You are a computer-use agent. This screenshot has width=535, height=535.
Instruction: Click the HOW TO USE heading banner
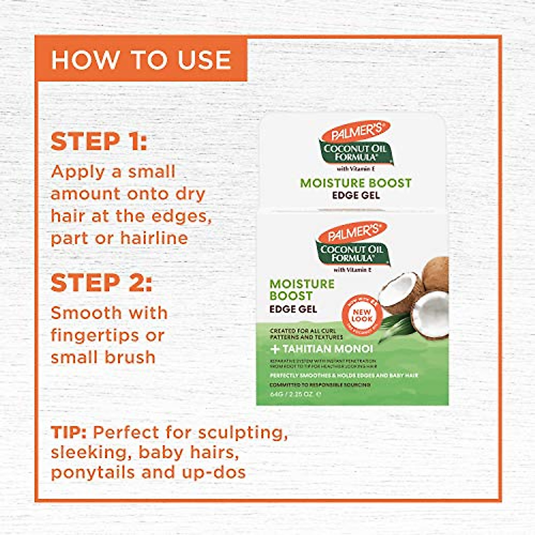pyautogui.click(x=141, y=60)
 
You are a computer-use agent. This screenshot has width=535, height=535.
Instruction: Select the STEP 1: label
pyautogui.click(x=99, y=142)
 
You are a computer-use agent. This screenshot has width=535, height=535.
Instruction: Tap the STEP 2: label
pyautogui.click(x=101, y=283)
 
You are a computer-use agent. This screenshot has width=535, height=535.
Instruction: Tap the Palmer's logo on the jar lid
pyautogui.click(x=355, y=132)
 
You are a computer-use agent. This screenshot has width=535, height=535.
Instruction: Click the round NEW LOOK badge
pyautogui.click(x=362, y=316)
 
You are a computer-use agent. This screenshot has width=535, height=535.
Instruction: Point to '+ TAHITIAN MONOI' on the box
pyautogui.click(x=322, y=349)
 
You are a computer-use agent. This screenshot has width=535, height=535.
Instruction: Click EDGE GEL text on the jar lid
pyautogui.click(x=356, y=195)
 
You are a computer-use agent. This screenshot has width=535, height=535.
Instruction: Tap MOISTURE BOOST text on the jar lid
pyautogui.click(x=356, y=183)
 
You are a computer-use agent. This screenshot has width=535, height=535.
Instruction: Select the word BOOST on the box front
pyautogui.click(x=291, y=296)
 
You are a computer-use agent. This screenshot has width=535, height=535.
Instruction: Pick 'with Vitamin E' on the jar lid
pyautogui.click(x=355, y=168)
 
